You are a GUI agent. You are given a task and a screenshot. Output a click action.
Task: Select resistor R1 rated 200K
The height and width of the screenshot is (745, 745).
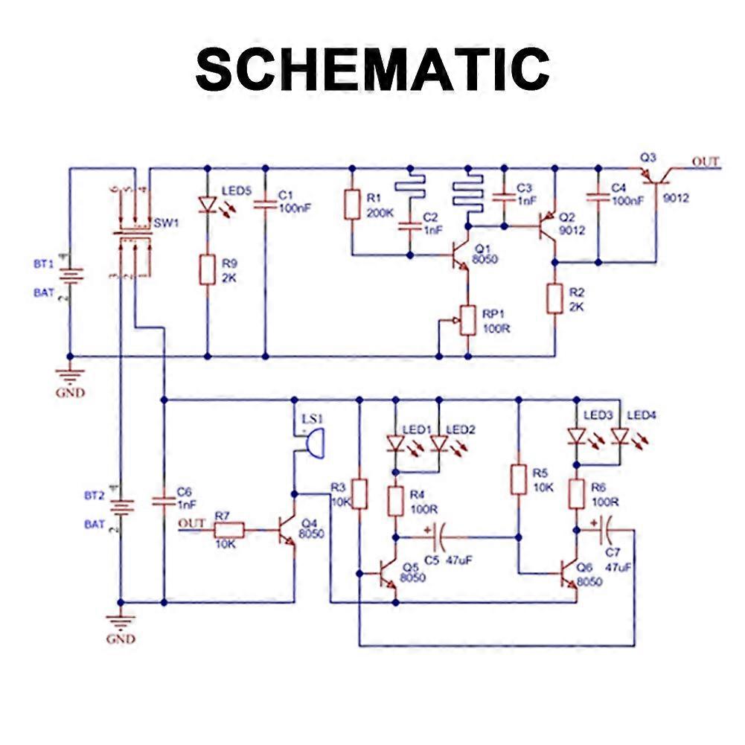(x=353, y=204)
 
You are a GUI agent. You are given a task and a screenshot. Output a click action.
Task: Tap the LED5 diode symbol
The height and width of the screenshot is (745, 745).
(x=207, y=202)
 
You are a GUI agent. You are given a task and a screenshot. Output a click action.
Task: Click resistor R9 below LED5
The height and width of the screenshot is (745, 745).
(x=207, y=269)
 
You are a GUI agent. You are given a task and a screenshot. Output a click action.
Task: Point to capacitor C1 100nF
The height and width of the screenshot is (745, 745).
(x=265, y=202)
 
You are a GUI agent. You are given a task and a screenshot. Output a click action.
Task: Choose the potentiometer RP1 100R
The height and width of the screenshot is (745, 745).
(x=467, y=320)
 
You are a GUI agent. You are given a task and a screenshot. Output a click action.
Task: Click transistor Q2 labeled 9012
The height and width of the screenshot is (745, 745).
(x=549, y=224)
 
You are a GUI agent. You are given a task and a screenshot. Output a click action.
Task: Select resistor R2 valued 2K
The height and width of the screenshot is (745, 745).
(x=554, y=298)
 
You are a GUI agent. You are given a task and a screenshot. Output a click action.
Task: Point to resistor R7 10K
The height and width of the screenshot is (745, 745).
(x=229, y=530)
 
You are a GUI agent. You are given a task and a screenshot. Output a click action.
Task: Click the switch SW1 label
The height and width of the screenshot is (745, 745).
(x=166, y=223)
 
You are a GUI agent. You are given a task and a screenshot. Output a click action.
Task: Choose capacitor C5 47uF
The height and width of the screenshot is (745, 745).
(x=439, y=534)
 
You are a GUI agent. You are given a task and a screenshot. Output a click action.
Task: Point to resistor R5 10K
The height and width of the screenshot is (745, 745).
(x=519, y=479)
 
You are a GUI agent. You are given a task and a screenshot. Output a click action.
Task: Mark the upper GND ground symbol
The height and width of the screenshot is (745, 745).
(x=70, y=374)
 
